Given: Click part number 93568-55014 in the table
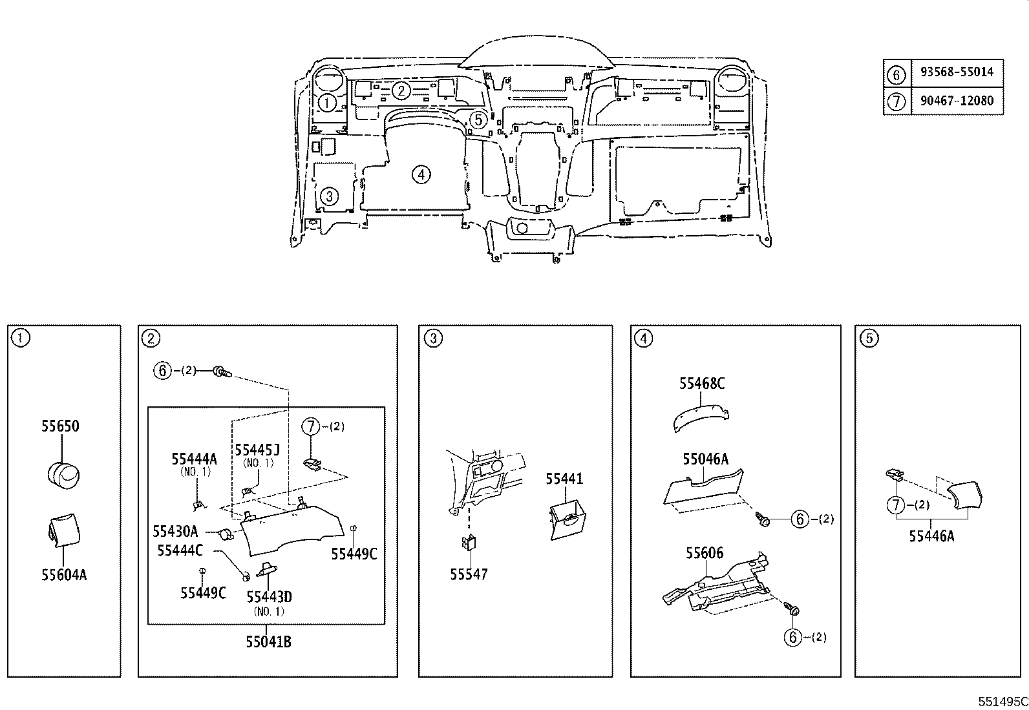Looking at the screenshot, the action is (x=957, y=72).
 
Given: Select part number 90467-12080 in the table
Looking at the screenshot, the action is (x=957, y=101).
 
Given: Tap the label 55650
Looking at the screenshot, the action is (x=60, y=426).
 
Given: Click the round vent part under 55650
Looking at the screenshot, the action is (x=63, y=475).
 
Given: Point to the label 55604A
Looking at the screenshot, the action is (x=64, y=575).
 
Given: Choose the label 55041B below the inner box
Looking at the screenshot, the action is (x=268, y=642).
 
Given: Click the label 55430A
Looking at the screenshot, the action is (x=175, y=531).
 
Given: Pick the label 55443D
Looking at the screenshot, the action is (x=269, y=596).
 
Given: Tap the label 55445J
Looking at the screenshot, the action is (x=257, y=450).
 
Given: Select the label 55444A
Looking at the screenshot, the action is (x=195, y=459).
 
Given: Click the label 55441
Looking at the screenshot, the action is (x=564, y=479).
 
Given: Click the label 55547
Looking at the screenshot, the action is (x=469, y=574).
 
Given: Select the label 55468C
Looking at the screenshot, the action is (x=702, y=384).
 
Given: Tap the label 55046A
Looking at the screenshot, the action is (x=706, y=459).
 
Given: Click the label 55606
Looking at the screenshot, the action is (x=705, y=553).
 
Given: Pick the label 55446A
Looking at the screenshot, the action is (x=931, y=536).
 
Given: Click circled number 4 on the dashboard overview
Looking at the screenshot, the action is (x=421, y=174).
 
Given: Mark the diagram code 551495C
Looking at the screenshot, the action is (x=1003, y=702).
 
